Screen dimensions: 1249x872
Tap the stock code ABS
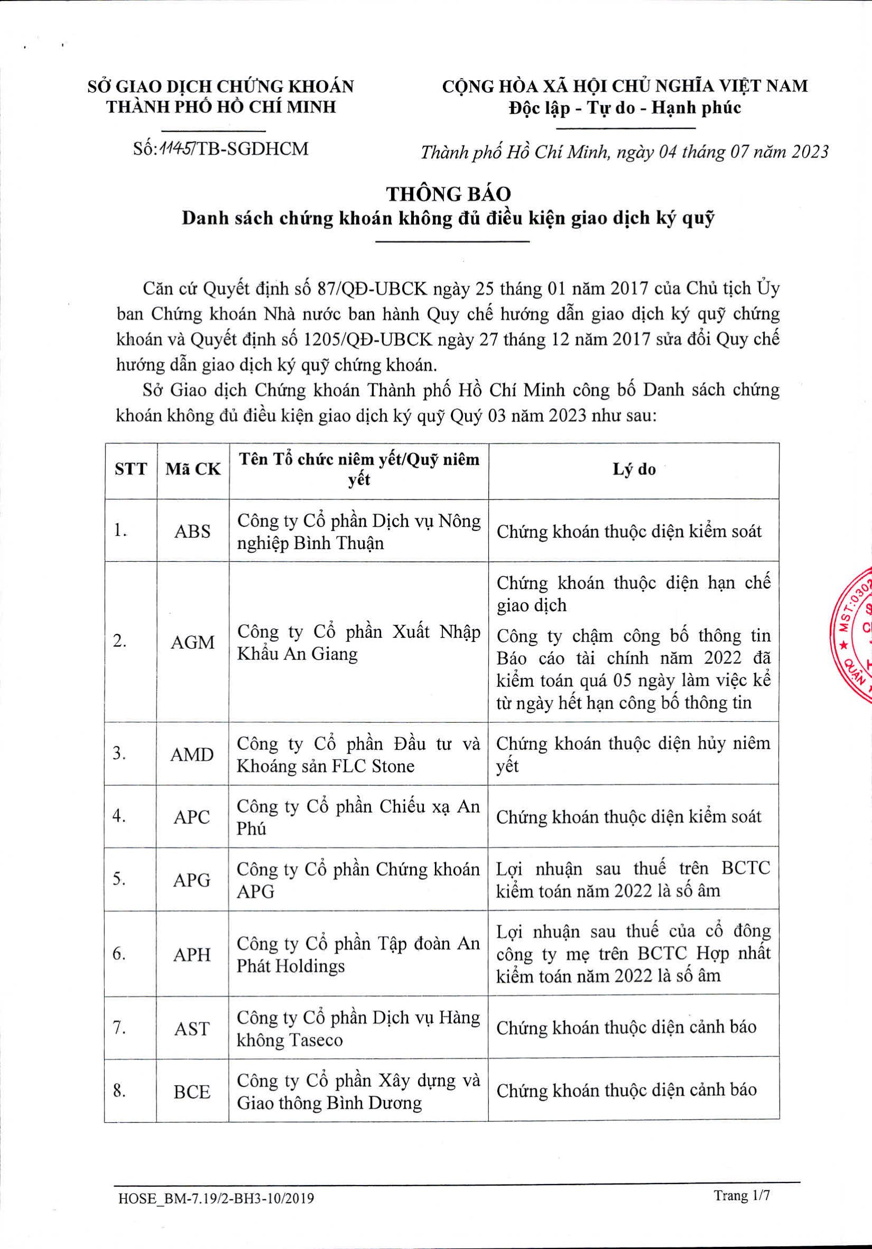pos(192,531)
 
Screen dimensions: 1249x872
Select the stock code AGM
pos(192,642)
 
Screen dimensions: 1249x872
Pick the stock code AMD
pos(192,754)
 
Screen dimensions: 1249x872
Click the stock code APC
pos(192,817)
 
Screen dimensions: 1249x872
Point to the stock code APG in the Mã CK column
pos(192,880)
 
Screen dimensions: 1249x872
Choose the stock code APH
pos(192,954)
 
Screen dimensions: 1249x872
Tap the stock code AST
pos(192,1029)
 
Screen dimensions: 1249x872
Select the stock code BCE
pos(192,1091)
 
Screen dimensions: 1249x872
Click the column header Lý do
pos(634,470)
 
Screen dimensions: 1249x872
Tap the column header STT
pos(131,470)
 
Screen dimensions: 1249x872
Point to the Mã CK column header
pos(193,470)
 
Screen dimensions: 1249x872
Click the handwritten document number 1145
pos(173,148)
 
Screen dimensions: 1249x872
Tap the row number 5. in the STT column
pos(119,880)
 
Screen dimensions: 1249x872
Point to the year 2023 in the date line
pos(810,152)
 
